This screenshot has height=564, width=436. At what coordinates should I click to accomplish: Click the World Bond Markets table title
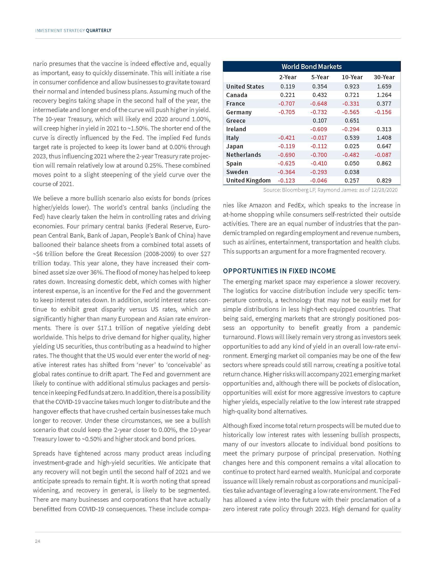click(312, 67)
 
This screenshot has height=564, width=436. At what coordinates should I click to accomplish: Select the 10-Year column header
click(352, 77)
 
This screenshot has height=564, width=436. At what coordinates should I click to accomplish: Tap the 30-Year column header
click(384, 77)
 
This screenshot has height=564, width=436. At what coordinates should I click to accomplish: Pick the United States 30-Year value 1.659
click(384, 86)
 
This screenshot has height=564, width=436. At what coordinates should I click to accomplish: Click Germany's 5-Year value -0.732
click(319, 112)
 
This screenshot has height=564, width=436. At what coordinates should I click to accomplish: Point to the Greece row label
click(235, 120)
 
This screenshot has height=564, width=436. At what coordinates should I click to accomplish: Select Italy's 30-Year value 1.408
click(384, 138)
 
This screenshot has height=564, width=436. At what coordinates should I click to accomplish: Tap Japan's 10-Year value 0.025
click(352, 146)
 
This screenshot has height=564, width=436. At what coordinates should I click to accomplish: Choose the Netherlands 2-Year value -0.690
click(286, 155)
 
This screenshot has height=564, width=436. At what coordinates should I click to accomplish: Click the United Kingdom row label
click(248, 180)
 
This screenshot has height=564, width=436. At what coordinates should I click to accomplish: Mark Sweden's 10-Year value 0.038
click(352, 172)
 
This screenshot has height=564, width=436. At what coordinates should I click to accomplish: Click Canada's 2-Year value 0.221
click(288, 95)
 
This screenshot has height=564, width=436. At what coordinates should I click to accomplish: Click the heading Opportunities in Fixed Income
click(279, 271)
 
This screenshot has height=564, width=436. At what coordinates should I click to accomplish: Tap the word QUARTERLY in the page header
click(98, 31)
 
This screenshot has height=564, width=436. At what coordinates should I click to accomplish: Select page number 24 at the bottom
click(37, 541)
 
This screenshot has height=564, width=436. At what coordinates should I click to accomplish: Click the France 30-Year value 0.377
click(384, 104)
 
